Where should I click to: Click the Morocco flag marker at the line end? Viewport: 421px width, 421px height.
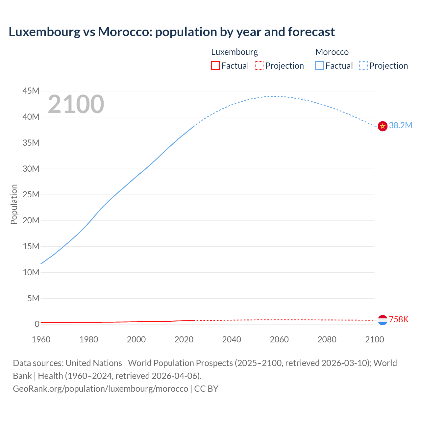coord(383,126)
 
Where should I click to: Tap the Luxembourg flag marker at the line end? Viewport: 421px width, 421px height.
coord(383,320)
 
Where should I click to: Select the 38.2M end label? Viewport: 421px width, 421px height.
coord(401,125)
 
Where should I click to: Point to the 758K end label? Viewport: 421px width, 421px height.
coord(399,319)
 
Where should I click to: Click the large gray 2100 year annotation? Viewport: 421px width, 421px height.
coord(76,104)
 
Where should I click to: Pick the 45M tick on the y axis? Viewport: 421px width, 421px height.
coord(31,91)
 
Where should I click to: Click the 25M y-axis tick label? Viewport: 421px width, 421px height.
coord(31,194)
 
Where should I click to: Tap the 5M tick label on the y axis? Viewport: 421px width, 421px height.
coord(33,298)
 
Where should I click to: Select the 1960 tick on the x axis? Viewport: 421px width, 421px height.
coord(41,339)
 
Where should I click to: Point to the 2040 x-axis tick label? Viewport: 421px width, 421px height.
coord(232,339)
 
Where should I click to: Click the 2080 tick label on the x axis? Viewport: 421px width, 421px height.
coord(327,339)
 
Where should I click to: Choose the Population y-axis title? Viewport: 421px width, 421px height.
coord(14,204)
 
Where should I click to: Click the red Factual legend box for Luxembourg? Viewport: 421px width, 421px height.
coord(215,65)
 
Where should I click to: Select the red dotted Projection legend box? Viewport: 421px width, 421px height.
coord(259,65)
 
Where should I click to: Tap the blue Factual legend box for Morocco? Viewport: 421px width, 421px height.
coord(319,65)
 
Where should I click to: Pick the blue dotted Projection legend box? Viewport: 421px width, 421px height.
coord(363,65)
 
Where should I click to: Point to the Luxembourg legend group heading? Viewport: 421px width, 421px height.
coord(235,52)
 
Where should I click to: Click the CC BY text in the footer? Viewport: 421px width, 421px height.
coord(206,388)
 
